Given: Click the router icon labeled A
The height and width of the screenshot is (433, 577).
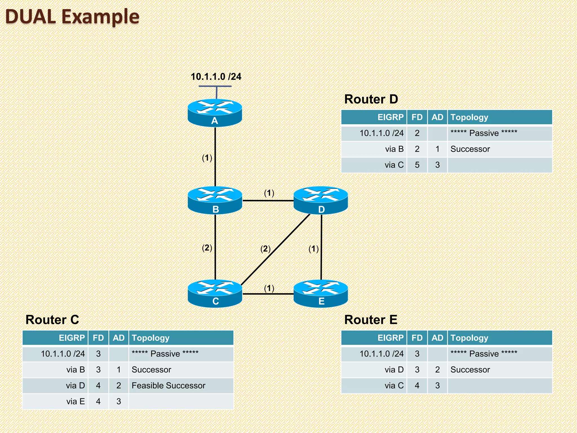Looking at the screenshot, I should (215, 112).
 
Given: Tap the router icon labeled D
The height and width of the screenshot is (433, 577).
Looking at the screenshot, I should (321, 200).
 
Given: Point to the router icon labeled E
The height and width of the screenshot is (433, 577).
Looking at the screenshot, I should (321, 293).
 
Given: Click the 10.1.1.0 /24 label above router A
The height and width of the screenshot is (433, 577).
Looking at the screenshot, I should (216, 77).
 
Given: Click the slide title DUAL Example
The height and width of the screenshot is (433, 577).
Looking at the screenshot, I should (72, 16).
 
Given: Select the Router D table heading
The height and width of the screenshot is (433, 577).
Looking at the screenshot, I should (371, 99).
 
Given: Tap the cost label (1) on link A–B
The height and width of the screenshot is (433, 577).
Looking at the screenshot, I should (207, 158).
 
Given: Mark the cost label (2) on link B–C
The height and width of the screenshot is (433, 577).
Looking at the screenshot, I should (207, 248).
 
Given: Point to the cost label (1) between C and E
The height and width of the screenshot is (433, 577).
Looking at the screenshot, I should (269, 288).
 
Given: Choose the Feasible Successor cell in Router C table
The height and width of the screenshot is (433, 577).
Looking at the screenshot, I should (168, 385).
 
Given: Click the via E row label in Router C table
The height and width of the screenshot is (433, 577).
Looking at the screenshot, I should (76, 401).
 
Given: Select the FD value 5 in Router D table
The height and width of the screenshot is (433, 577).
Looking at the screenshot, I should (417, 165).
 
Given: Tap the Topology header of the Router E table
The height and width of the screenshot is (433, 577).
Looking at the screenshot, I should (469, 338).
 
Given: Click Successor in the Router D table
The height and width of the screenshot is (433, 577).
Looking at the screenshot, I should (470, 149).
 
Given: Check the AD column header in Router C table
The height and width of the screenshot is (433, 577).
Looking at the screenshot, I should (119, 338).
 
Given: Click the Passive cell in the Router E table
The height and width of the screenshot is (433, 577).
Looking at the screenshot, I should (484, 354).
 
